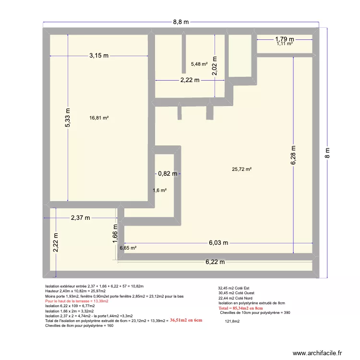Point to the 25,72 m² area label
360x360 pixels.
click(242, 169)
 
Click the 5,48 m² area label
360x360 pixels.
click(199, 64)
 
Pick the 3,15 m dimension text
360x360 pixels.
click(98, 56)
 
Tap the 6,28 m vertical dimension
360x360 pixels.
click(293, 156)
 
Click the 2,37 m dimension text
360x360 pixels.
click(81, 217)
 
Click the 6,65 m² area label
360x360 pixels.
click(128, 248)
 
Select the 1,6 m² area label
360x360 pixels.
click(160, 191)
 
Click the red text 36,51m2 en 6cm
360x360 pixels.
click(186, 320)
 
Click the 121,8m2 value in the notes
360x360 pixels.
click(232, 322)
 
